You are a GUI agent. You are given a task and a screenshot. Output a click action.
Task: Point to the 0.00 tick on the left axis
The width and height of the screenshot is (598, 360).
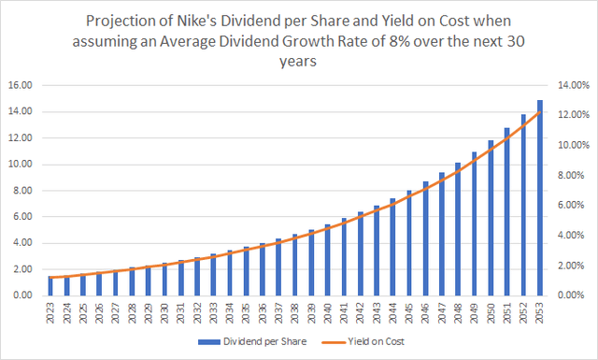point(22,295)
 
